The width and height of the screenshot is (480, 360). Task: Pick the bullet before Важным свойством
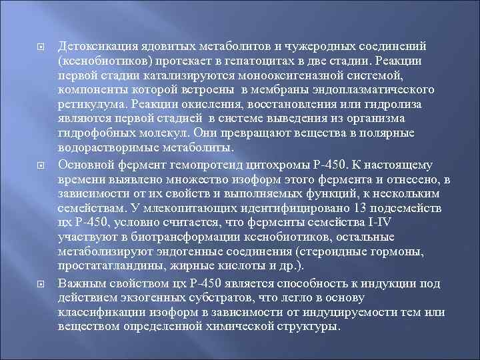[x=41, y=283]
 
